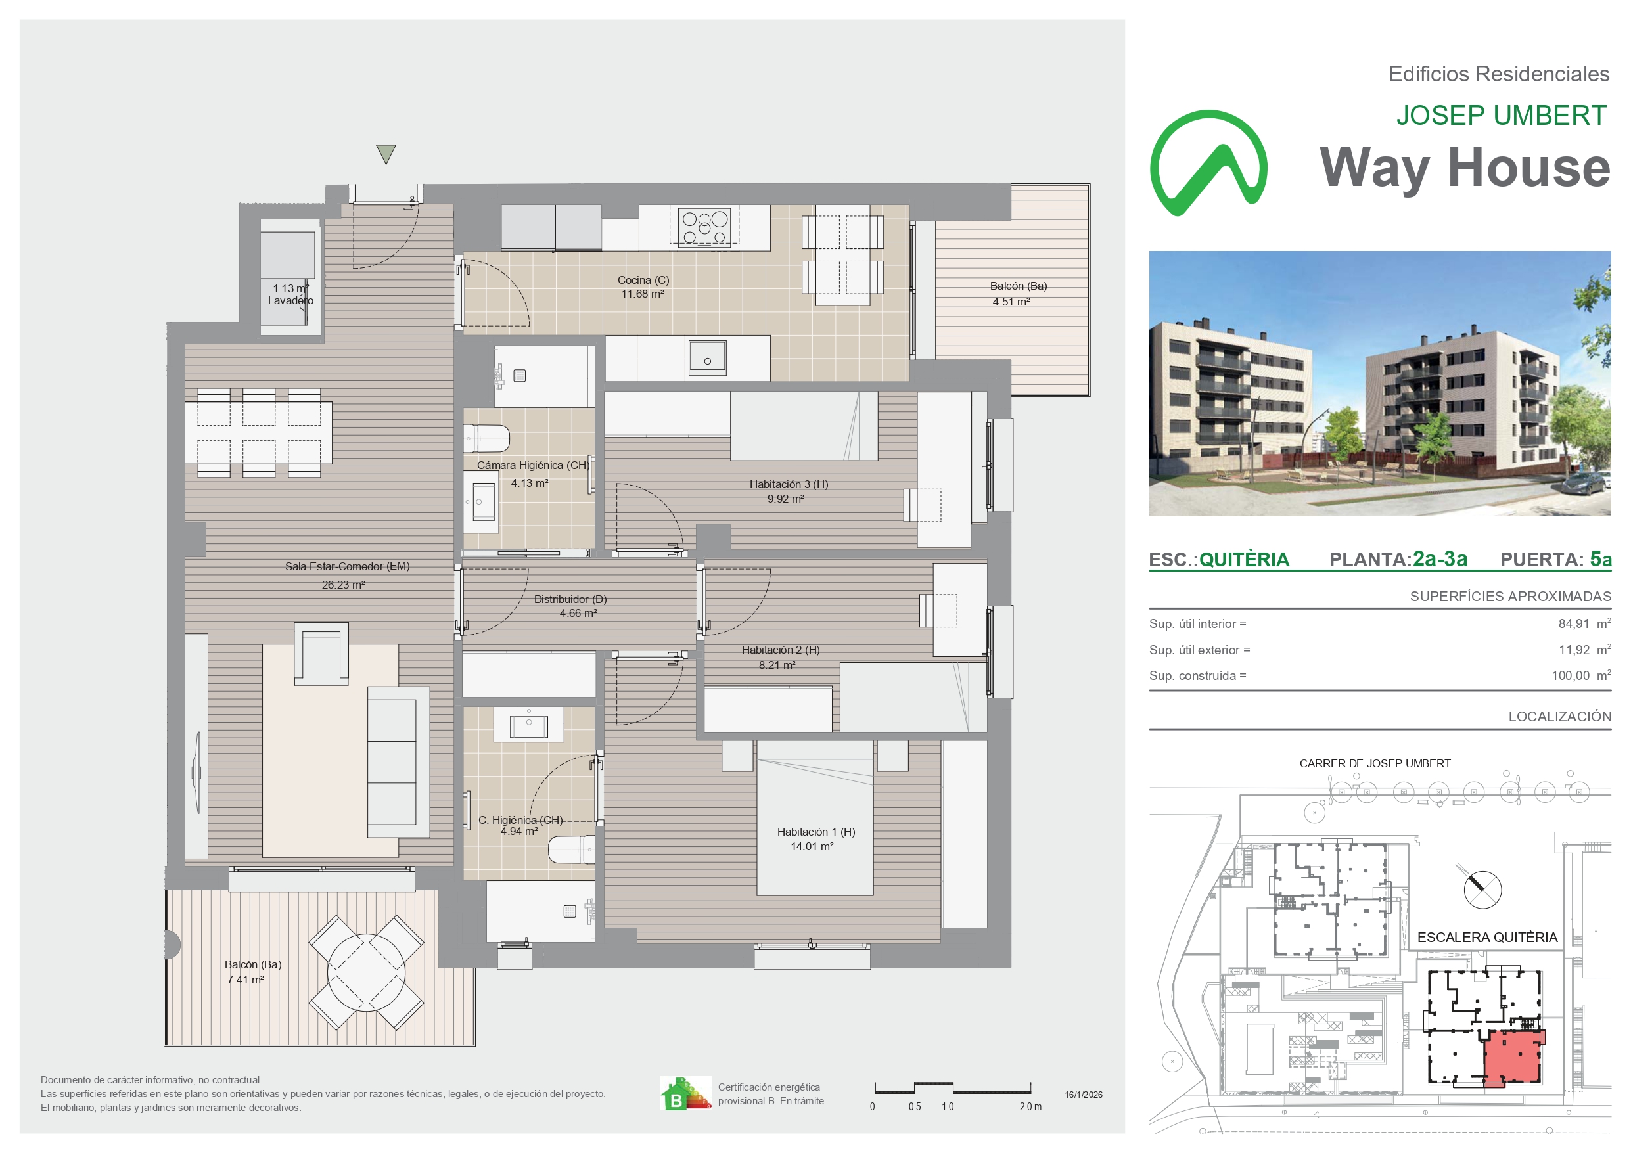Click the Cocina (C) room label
pos(643,280)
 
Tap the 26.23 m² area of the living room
pos(343,585)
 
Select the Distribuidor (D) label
pos(570,599)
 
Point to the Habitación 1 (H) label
pos(815,831)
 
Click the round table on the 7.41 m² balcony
pos(366,972)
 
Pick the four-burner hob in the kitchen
pos(704,227)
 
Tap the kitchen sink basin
pos(707,358)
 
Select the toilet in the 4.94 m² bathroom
pos(571,849)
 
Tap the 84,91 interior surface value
pos(1573,623)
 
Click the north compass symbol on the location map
pos(1482,889)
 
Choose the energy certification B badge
pos(685,1093)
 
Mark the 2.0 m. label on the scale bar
pos(1031,1107)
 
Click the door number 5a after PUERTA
pos(1601,559)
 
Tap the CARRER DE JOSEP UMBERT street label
pos(1375,763)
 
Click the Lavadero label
pos(290,300)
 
